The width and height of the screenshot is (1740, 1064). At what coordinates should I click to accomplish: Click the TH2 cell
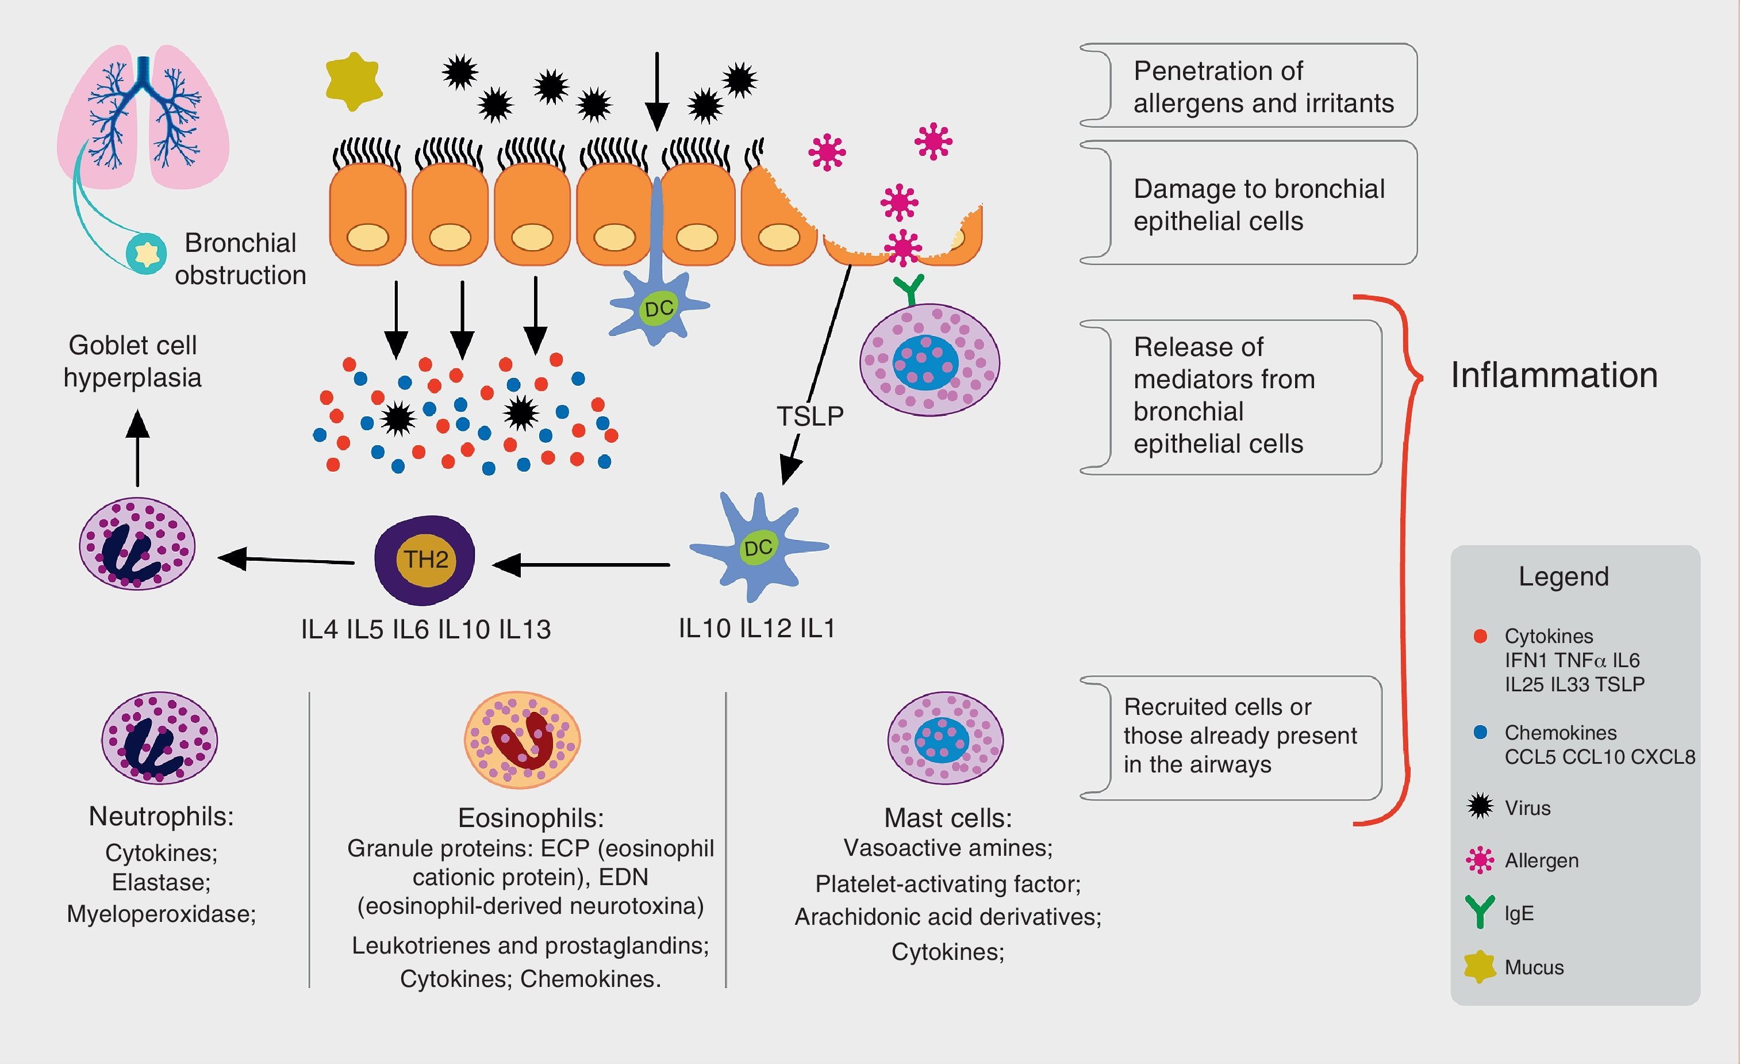point(424,560)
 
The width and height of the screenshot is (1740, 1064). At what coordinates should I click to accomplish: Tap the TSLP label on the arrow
point(810,416)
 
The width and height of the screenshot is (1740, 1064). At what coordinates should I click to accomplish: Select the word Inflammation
point(1554,375)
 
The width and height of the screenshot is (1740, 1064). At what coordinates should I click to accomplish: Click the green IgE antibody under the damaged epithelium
point(909,288)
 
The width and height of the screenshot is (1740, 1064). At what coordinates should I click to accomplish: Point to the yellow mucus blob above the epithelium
point(354,82)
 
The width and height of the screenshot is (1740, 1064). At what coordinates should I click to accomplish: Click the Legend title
point(1564,576)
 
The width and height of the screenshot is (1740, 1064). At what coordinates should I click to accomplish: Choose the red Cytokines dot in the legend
point(1481,636)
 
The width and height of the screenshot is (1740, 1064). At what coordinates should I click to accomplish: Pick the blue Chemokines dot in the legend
point(1481,732)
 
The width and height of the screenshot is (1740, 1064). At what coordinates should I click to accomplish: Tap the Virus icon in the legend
point(1480,806)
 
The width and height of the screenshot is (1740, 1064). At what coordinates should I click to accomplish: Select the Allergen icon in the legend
point(1480,860)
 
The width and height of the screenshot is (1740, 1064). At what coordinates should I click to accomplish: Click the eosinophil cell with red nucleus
point(522,740)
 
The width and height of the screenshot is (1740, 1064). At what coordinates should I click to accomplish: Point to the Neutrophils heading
point(161,816)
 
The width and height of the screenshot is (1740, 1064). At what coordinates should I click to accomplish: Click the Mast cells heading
point(948,817)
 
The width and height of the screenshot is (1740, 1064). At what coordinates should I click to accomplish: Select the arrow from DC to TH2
point(581,565)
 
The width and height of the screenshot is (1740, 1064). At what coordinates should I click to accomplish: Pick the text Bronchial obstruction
point(240,259)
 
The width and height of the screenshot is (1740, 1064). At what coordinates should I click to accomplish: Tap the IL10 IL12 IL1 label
point(756,628)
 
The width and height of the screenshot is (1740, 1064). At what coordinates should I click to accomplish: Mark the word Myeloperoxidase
point(161,913)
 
